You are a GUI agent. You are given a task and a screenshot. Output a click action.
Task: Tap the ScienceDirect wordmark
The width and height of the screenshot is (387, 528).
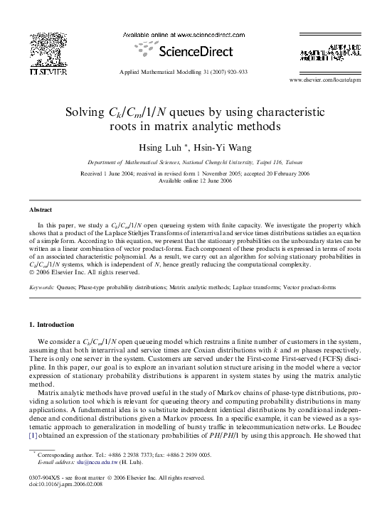194,52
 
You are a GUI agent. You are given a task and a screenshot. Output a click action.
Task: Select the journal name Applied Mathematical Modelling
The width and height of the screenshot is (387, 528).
158,72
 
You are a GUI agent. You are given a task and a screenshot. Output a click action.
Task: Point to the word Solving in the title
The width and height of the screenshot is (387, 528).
85,112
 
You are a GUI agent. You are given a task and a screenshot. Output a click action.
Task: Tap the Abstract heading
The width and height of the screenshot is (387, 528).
40,210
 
